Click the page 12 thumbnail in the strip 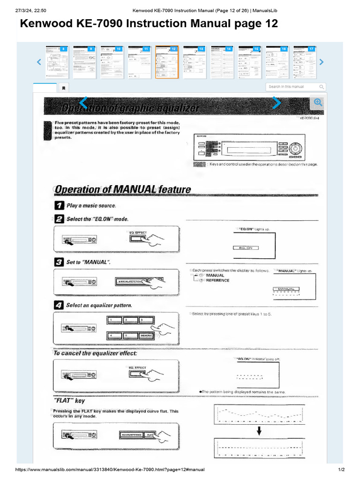167,62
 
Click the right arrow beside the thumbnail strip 321,62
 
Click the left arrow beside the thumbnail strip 39,62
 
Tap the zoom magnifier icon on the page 317,103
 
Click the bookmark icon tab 64,88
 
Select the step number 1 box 60,205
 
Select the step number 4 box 60,305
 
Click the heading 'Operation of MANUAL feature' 123,190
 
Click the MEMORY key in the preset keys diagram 146,336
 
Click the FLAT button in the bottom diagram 150,435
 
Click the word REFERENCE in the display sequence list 217,280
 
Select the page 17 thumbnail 305,62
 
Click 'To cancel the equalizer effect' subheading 95,353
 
